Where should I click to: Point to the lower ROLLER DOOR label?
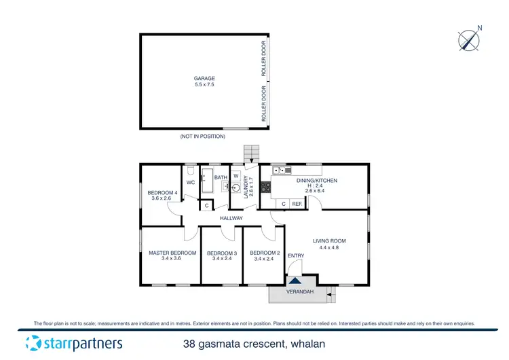tap(264, 103)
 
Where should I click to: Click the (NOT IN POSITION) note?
tap(202, 137)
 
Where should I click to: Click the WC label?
tap(191, 183)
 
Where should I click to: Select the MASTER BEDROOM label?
tap(172, 256)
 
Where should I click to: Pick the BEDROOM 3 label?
tap(224, 256)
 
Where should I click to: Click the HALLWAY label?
tap(231, 218)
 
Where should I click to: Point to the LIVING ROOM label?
tap(329, 243)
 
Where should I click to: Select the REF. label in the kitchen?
tap(297, 203)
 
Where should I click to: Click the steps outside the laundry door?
tap(251, 153)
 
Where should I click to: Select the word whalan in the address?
tap(323, 344)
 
